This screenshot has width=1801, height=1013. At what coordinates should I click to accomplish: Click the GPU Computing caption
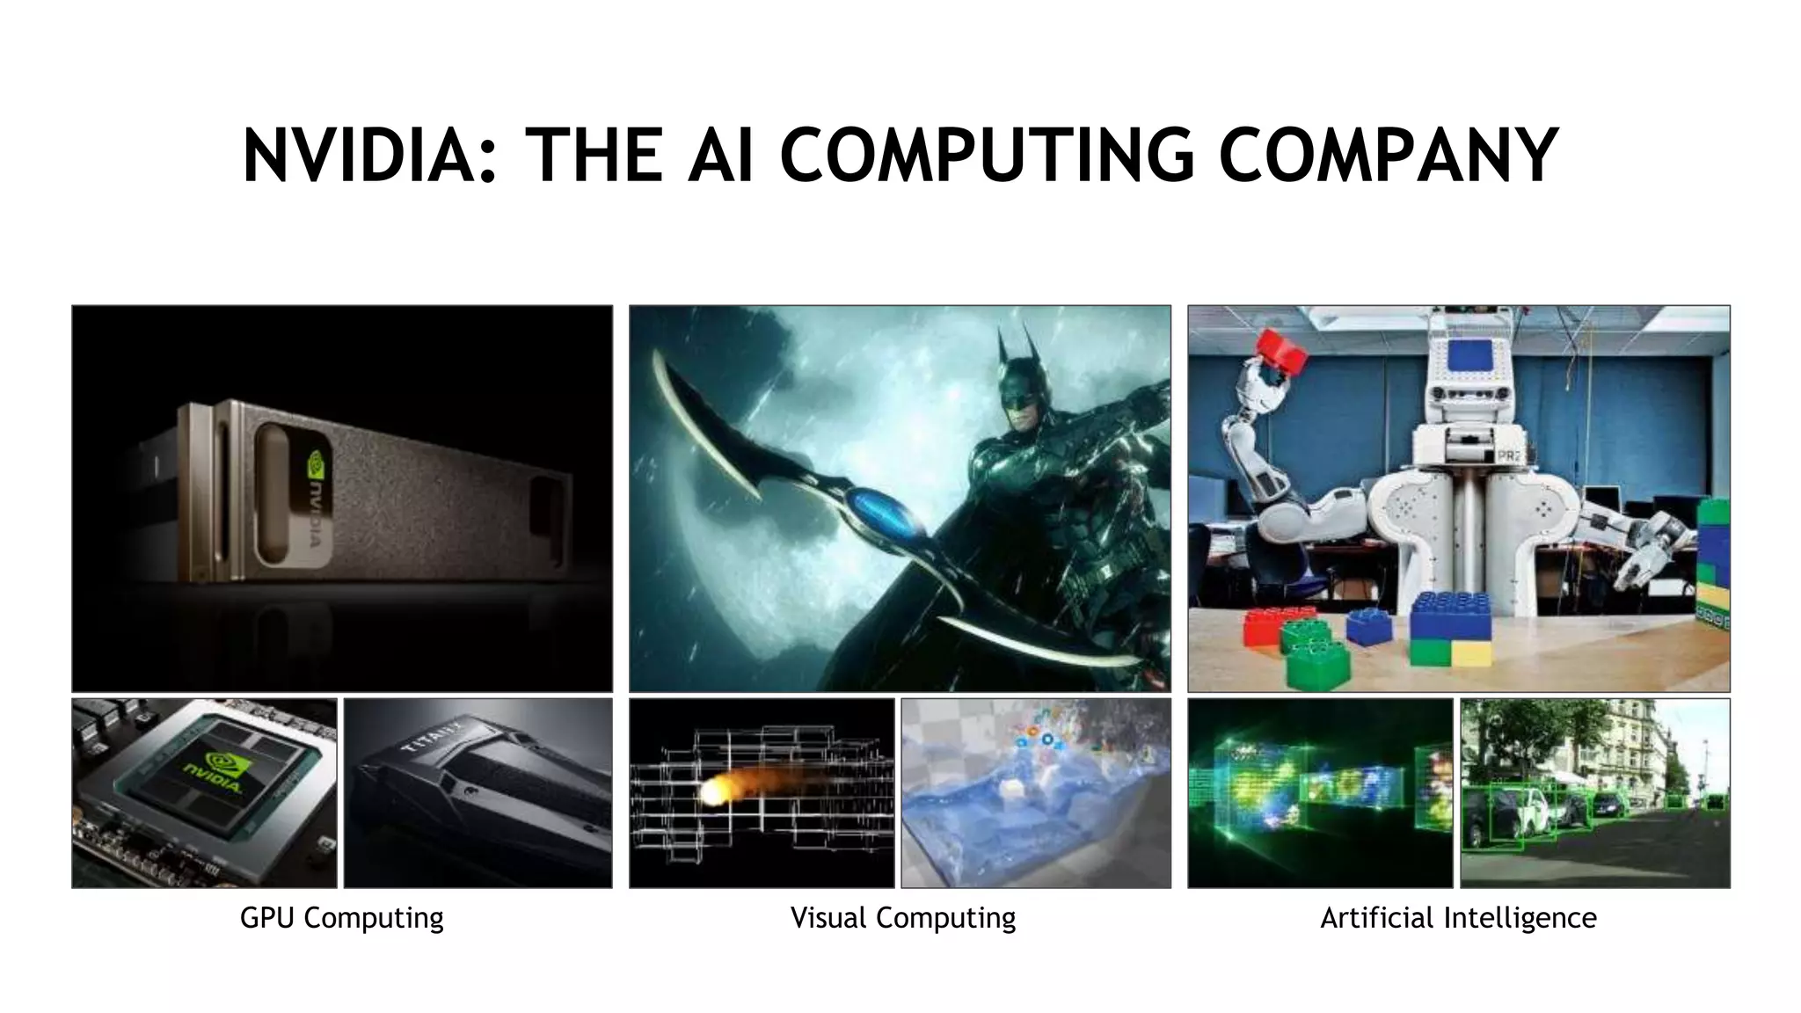click(341, 918)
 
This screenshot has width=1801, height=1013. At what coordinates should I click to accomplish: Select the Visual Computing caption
click(902, 918)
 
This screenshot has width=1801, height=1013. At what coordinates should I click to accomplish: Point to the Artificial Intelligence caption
click(1458, 918)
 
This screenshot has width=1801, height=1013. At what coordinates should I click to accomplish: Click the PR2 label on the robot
click(1508, 456)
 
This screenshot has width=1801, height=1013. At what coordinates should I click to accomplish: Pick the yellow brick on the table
click(1471, 653)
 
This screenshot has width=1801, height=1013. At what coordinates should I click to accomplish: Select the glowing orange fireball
click(714, 791)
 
